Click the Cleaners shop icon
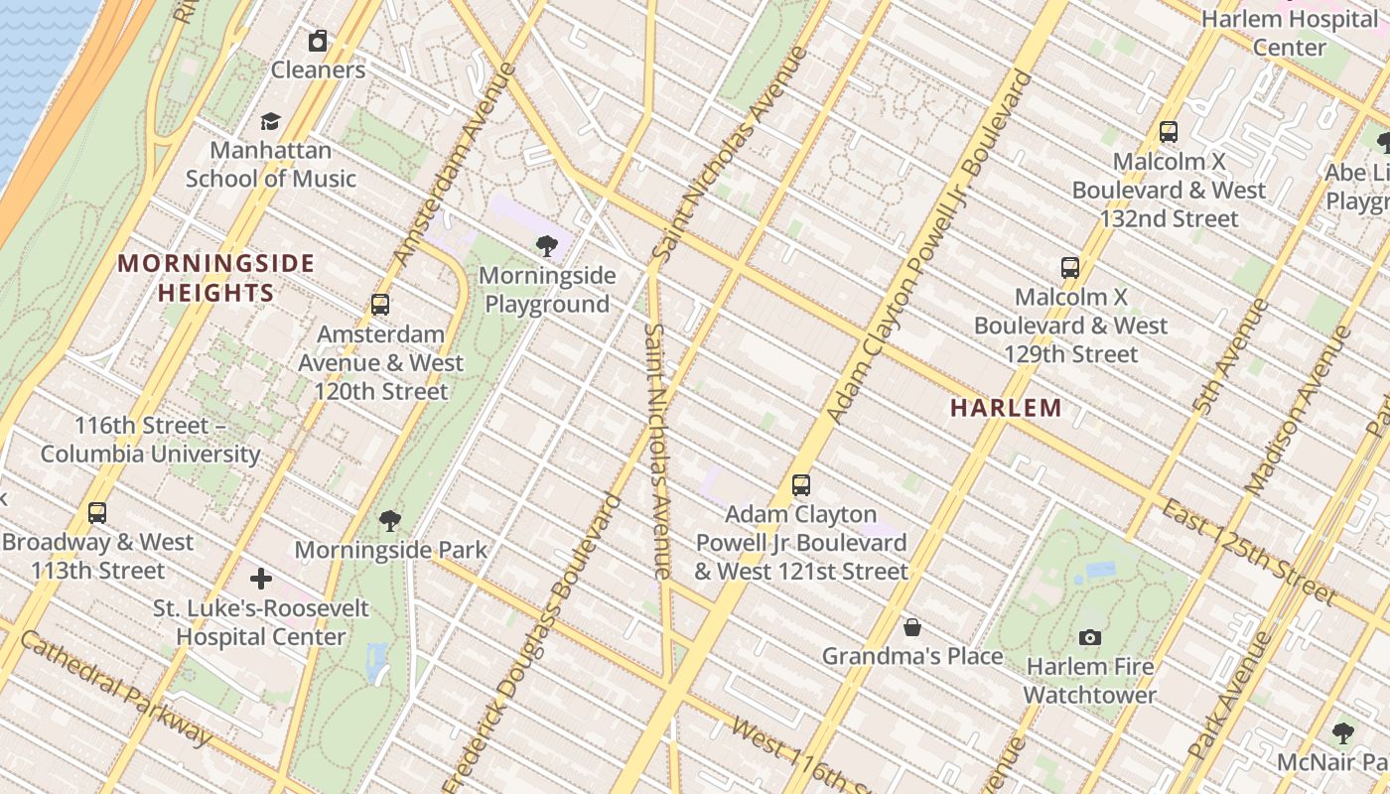point(318,41)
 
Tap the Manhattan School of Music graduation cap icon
point(270,121)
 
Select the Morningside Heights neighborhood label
point(216,278)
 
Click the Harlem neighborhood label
point(1006,408)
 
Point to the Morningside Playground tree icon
point(546,246)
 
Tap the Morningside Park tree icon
point(390,520)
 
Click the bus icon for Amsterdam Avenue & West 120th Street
point(379,305)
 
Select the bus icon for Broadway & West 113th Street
point(97,513)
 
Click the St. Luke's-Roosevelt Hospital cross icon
point(261,579)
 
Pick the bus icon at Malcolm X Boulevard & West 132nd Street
point(1169,131)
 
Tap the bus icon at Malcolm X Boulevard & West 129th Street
point(1069,267)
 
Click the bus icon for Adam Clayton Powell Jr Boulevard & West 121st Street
point(800,485)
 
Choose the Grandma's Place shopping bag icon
point(912,627)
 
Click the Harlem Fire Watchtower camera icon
point(1089,637)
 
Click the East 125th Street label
point(1248,552)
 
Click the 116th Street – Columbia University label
point(151,440)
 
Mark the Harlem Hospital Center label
point(1289,33)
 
